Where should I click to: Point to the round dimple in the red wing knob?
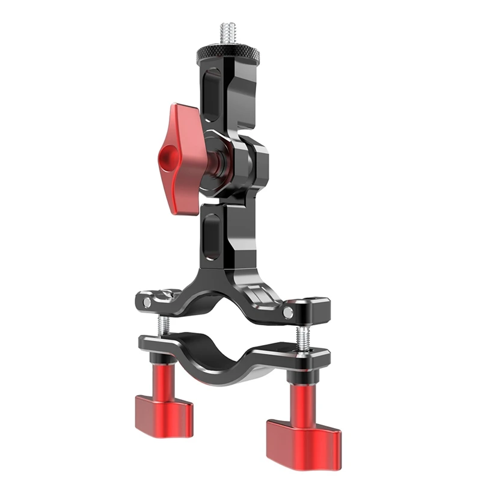click(166, 159)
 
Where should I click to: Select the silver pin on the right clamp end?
click(289, 312)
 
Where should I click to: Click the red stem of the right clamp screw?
click(302, 400)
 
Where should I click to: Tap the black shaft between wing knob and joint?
click(213, 158)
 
